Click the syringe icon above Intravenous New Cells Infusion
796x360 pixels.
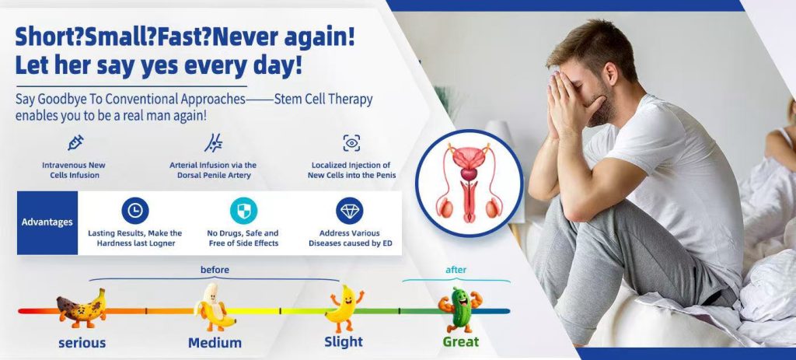click(x=75, y=143)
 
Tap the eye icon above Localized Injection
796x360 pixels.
click(x=351, y=143)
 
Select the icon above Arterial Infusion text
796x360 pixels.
click(x=213, y=143)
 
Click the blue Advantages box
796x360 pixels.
click(x=47, y=222)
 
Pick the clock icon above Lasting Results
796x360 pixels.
click(x=135, y=211)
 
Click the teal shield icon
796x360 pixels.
click(x=243, y=211)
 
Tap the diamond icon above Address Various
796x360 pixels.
click(x=349, y=211)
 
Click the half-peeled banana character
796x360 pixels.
click(x=215, y=307)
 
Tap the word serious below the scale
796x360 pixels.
click(x=82, y=343)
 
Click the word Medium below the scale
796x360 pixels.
click(x=215, y=343)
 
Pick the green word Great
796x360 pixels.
click(x=460, y=341)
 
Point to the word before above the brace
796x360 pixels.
click(x=215, y=270)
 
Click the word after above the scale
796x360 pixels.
click(x=456, y=270)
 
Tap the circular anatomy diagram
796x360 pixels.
click(x=469, y=183)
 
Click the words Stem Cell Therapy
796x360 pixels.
click(x=323, y=99)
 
